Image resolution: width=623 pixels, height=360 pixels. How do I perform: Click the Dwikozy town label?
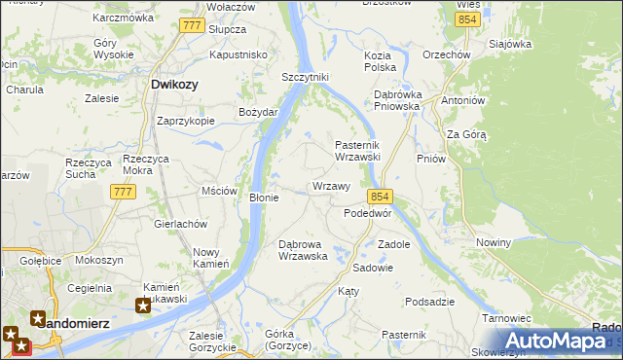pyautogui.click(x=175, y=85)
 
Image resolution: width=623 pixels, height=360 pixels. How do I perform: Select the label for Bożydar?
pyautogui.click(x=259, y=113)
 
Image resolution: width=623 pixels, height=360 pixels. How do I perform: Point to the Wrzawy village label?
pyautogui.click(x=331, y=186)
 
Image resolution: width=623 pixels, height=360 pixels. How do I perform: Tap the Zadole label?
pyautogui.click(x=393, y=244)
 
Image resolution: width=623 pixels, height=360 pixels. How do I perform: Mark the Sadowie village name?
pyautogui.click(x=372, y=267)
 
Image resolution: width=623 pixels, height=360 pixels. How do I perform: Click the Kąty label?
pyautogui.click(x=348, y=291)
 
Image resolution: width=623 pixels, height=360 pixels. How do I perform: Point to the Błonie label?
pyautogui.click(x=265, y=198)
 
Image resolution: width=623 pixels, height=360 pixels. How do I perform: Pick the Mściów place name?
pyautogui.click(x=219, y=191)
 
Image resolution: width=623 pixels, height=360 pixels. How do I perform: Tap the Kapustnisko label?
pyautogui.click(x=238, y=55)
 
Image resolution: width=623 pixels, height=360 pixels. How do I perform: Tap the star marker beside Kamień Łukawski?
pyautogui.click(x=143, y=306)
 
